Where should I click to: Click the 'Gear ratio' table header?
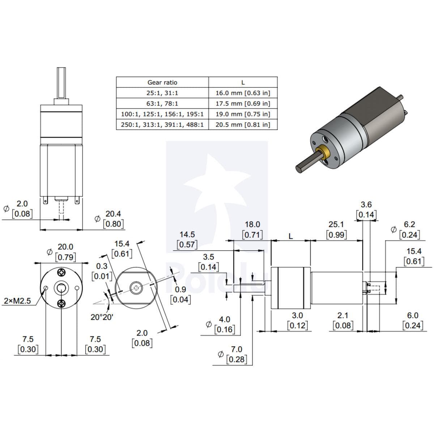[x=162, y=82]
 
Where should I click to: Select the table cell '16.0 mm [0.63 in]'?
[x=243, y=93]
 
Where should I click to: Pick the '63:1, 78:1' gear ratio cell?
[x=162, y=103]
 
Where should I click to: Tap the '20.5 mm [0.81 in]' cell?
[x=243, y=125]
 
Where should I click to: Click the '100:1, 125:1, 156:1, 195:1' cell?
[x=162, y=114]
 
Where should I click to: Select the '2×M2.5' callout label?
[x=18, y=301]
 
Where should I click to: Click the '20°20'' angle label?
[x=102, y=317]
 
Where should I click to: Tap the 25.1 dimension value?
[x=336, y=225]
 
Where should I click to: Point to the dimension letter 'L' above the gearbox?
[x=290, y=237]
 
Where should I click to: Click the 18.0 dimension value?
[x=252, y=225]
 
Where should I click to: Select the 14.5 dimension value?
[x=187, y=234]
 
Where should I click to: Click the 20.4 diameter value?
[x=113, y=214]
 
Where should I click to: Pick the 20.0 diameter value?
[x=65, y=247]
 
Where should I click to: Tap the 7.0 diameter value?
[x=237, y=349]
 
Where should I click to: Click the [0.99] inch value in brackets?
[x=336, y=235]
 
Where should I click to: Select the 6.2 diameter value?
[x=409, y=225]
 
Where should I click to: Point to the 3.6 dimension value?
[x=366, y=205]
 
